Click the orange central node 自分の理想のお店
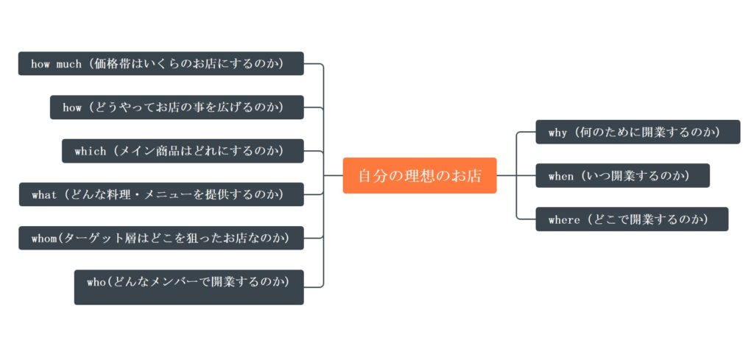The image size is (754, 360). click(420, 175)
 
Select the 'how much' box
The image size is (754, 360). click(161, 63)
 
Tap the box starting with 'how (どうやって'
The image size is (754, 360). click(177, 107)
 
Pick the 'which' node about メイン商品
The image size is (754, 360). click(183, 151)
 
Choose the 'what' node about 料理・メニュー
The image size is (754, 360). click(161, 194)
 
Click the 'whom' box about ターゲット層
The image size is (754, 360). click(161, 238)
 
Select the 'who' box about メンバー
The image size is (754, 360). click(188, 286)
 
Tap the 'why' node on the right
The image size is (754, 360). click(638, 132)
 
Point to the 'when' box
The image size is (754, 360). click(622, 176)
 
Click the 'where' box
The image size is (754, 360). click(632, 219)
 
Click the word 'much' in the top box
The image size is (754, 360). click(68, 64)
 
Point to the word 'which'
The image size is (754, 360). click(91, 152)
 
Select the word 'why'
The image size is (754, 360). click(558, 133)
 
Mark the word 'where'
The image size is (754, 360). click(564, 220)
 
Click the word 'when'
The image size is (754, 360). click(561, 177)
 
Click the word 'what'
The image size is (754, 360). click(44, 195)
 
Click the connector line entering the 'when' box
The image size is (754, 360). click(516, 176)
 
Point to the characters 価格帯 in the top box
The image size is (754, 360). click(115, 64)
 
